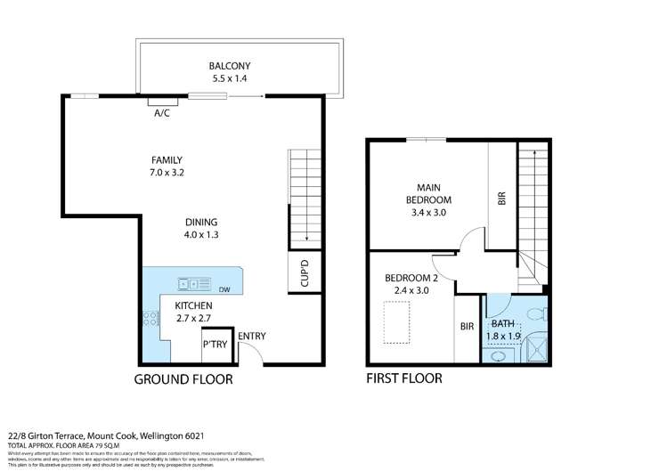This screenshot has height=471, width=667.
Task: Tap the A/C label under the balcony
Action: point(162,114)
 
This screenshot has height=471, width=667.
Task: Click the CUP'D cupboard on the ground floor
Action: point(303,273)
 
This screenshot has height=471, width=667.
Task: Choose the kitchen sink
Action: point(191,284)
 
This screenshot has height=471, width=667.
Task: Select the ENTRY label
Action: point(251,336)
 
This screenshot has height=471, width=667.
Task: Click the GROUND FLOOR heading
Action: point(183,378)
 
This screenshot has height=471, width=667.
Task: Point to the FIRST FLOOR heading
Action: point(404,378)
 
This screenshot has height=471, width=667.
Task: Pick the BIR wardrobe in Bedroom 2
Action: point(467,328)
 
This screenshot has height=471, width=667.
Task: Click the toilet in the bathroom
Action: point(535,313)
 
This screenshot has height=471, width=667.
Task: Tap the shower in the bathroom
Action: point(534,349)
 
